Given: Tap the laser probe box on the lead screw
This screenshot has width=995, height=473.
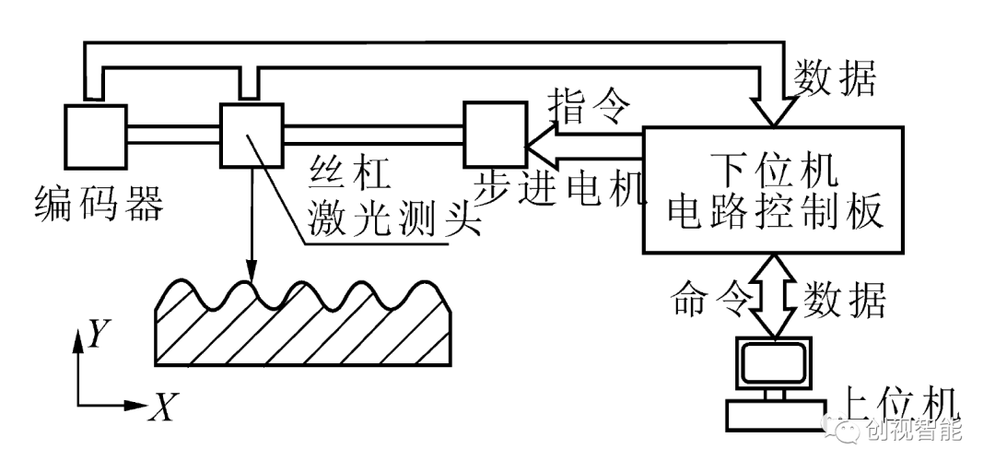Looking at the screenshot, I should point(250,135).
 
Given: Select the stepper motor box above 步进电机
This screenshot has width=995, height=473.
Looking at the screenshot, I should point(495,135).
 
